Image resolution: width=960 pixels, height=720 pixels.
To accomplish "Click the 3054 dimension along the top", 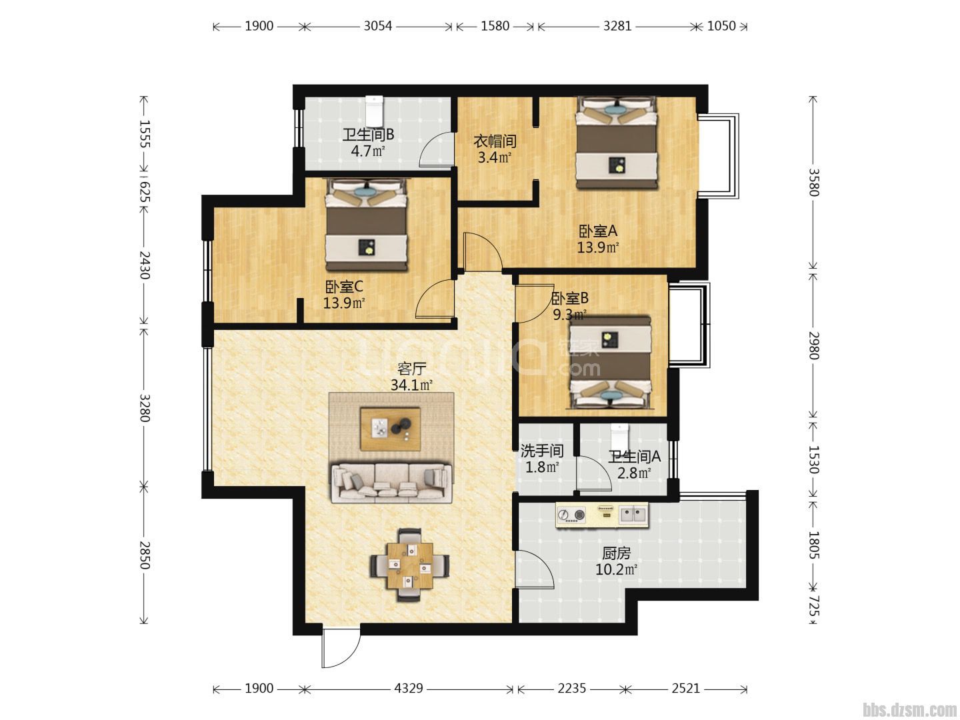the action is [378, 26].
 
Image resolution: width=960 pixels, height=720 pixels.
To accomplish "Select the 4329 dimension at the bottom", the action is [409, 689].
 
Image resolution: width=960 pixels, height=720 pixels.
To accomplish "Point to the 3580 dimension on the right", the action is [813, 182].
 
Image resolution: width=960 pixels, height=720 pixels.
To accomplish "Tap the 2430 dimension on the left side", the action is [145, 265].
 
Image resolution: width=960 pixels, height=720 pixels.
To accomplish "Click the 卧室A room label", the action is [598, 231].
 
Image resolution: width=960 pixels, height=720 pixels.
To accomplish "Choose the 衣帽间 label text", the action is [495, 141].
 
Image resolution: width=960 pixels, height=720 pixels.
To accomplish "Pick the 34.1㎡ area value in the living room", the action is [411, 385].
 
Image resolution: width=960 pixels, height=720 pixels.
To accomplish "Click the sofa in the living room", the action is [391, 483].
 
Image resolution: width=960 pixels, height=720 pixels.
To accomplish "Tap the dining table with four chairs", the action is [410, 565].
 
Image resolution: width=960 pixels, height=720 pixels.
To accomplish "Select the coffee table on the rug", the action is [390, 429].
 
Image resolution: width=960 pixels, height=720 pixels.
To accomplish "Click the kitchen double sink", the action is [633, 515].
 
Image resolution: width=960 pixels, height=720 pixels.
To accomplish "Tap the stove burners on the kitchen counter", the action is [571, 515].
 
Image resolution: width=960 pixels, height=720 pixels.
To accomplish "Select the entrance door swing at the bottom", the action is [341, 648].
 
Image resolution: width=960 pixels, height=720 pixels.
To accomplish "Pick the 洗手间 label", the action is [542, 451].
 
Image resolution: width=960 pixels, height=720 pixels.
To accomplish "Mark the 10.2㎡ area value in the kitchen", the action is [616, 569].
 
